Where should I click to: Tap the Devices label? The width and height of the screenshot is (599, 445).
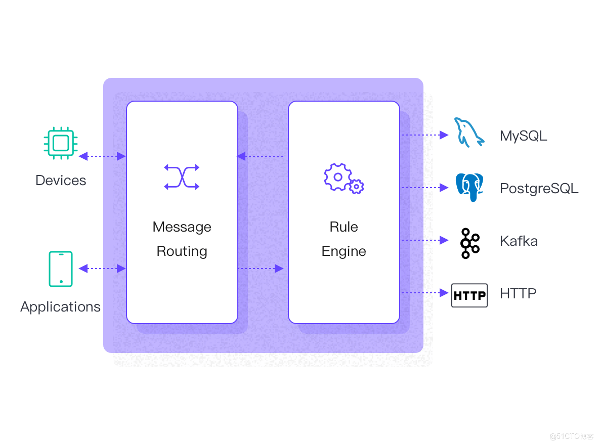61,181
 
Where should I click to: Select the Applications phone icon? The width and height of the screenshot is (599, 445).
61,269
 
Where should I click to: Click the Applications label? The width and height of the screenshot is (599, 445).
60,307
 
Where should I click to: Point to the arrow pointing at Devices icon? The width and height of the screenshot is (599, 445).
84,156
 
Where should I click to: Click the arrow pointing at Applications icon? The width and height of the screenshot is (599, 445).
84,269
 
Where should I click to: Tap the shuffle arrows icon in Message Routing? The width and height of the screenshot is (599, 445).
182,177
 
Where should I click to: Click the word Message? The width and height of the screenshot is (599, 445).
182,227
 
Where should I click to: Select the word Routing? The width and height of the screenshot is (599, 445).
182,251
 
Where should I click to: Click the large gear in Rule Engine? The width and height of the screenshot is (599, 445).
337,176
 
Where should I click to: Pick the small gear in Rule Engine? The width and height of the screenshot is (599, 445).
357,186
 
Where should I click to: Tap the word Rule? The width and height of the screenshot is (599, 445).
344,227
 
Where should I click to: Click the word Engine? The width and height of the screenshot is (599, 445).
344,251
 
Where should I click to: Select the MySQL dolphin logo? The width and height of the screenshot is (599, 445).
469,133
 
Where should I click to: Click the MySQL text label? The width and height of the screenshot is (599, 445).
523,136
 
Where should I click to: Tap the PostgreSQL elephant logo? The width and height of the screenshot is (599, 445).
469,187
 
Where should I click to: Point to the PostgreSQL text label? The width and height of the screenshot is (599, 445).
539,189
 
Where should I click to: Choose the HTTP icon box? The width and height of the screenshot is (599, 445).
469,295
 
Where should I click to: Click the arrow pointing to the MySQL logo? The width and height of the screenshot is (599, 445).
444,135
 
